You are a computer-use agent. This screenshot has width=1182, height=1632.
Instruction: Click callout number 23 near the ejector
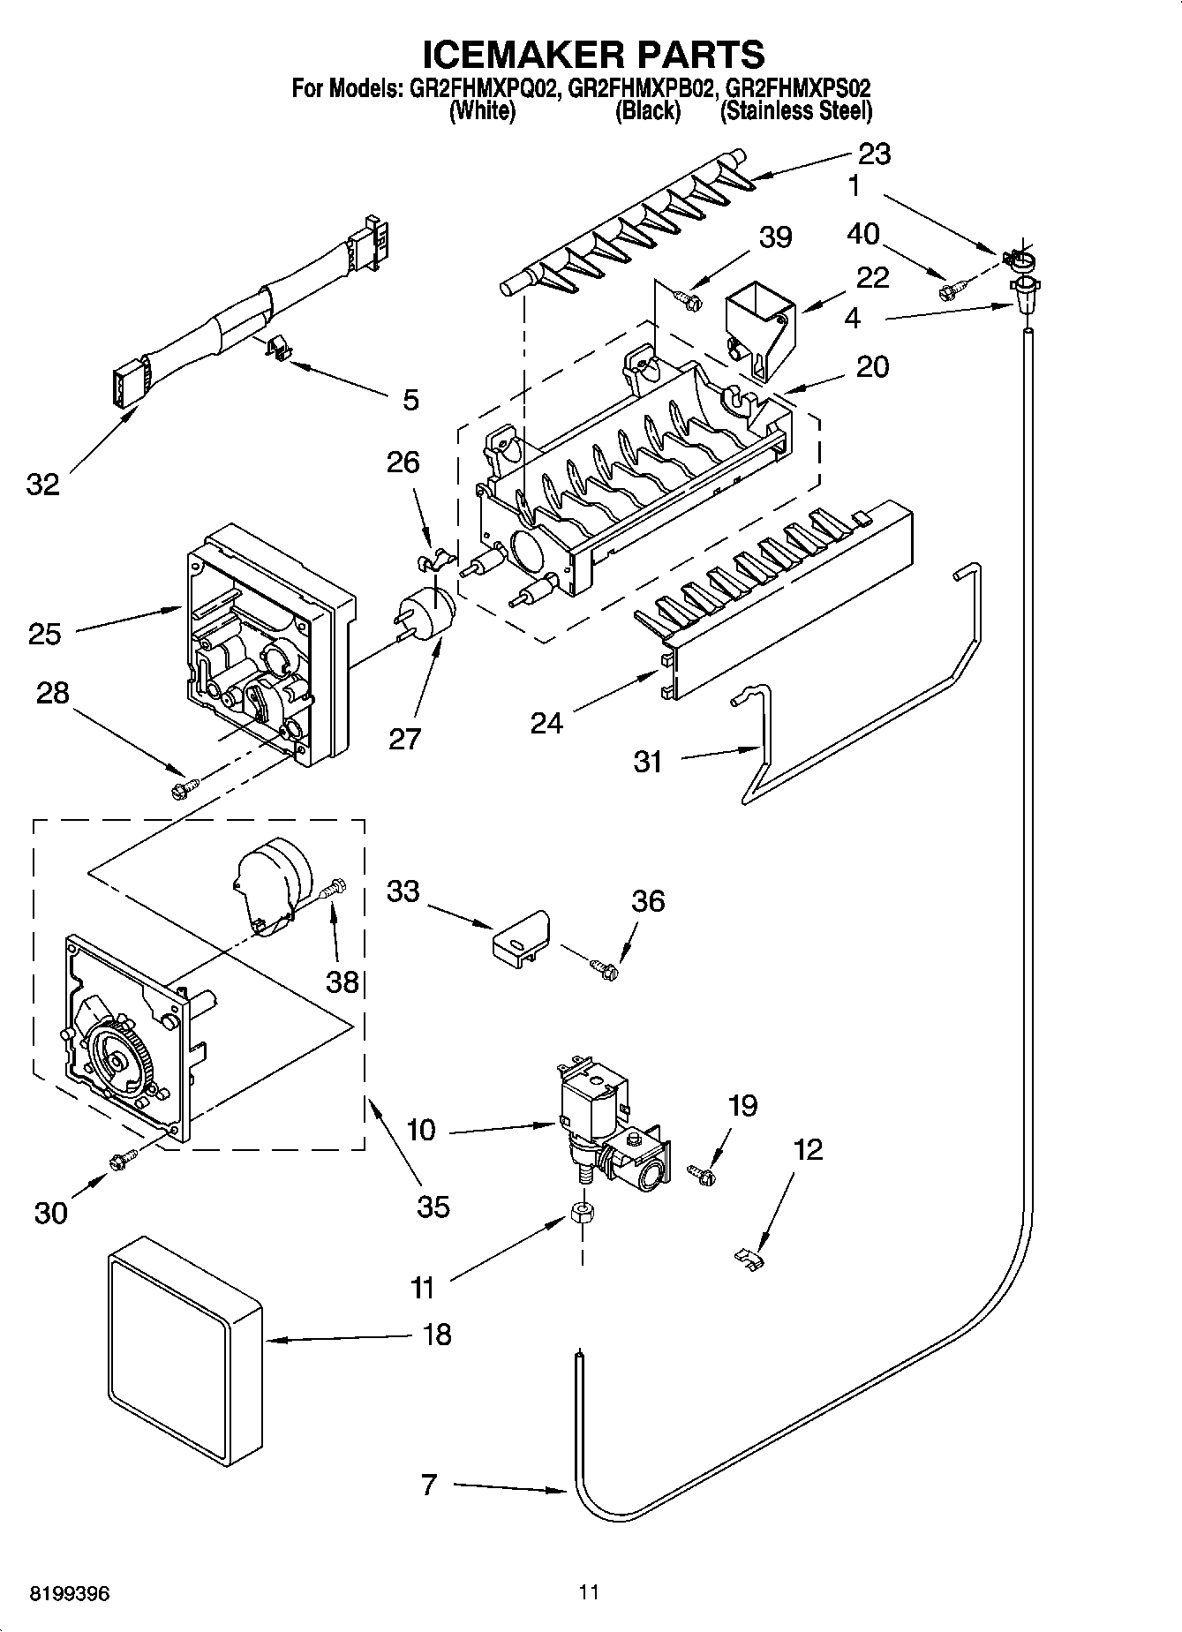(873, 154)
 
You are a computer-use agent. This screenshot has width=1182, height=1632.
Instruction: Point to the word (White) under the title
(482, 111)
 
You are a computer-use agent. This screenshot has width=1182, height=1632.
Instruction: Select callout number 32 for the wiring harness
(42, 484)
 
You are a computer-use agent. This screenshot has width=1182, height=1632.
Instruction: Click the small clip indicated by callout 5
(277, 348)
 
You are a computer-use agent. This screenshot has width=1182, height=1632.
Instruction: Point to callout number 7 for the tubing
(430, 1485)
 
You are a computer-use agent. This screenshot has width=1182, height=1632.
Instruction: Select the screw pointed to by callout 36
(606, 968)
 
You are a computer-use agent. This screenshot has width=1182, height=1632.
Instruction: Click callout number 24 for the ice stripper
(546, 724)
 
